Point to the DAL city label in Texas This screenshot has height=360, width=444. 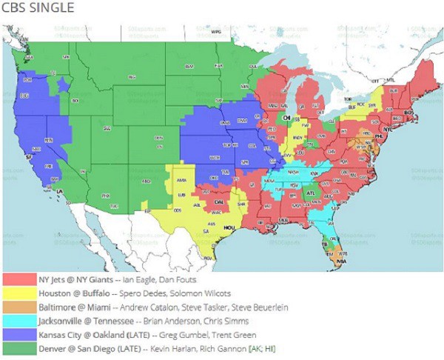point(219,201)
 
